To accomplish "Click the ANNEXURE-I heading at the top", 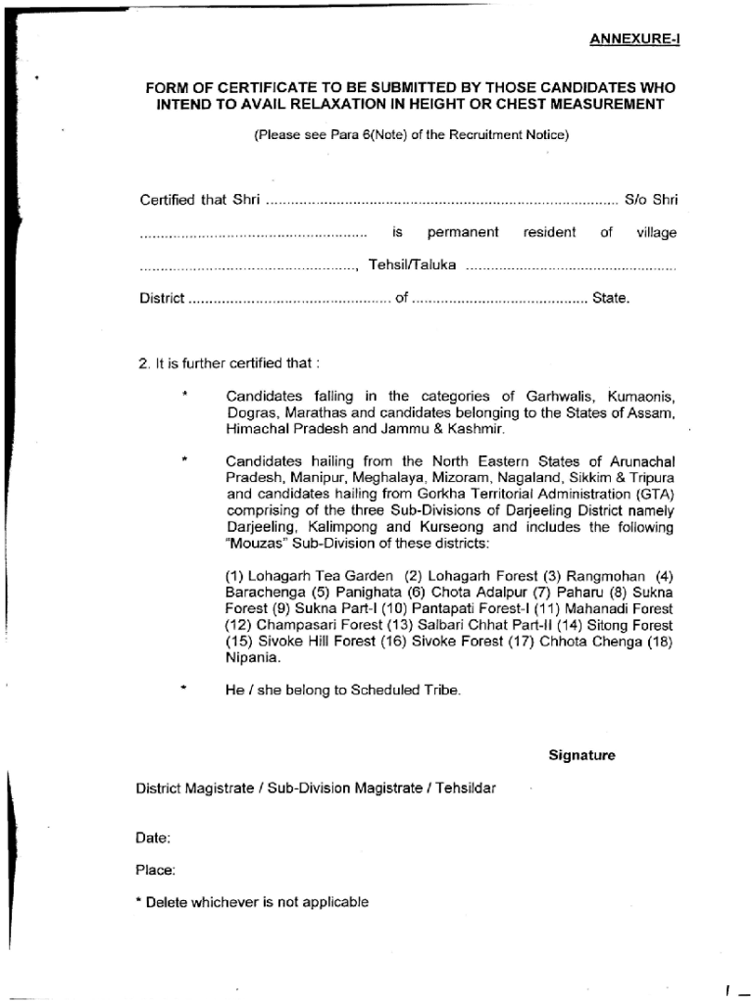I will tap(633, 39).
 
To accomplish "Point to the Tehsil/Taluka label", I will tap(412, 265).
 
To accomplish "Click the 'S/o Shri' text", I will tap(651, 200).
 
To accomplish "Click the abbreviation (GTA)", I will tap(656, 495).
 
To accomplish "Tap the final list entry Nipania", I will tap(251, 658).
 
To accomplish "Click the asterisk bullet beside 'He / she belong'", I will tap(182, 690).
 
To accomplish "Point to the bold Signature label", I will tap(581, 755).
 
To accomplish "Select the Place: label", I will tap(156, 869).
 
